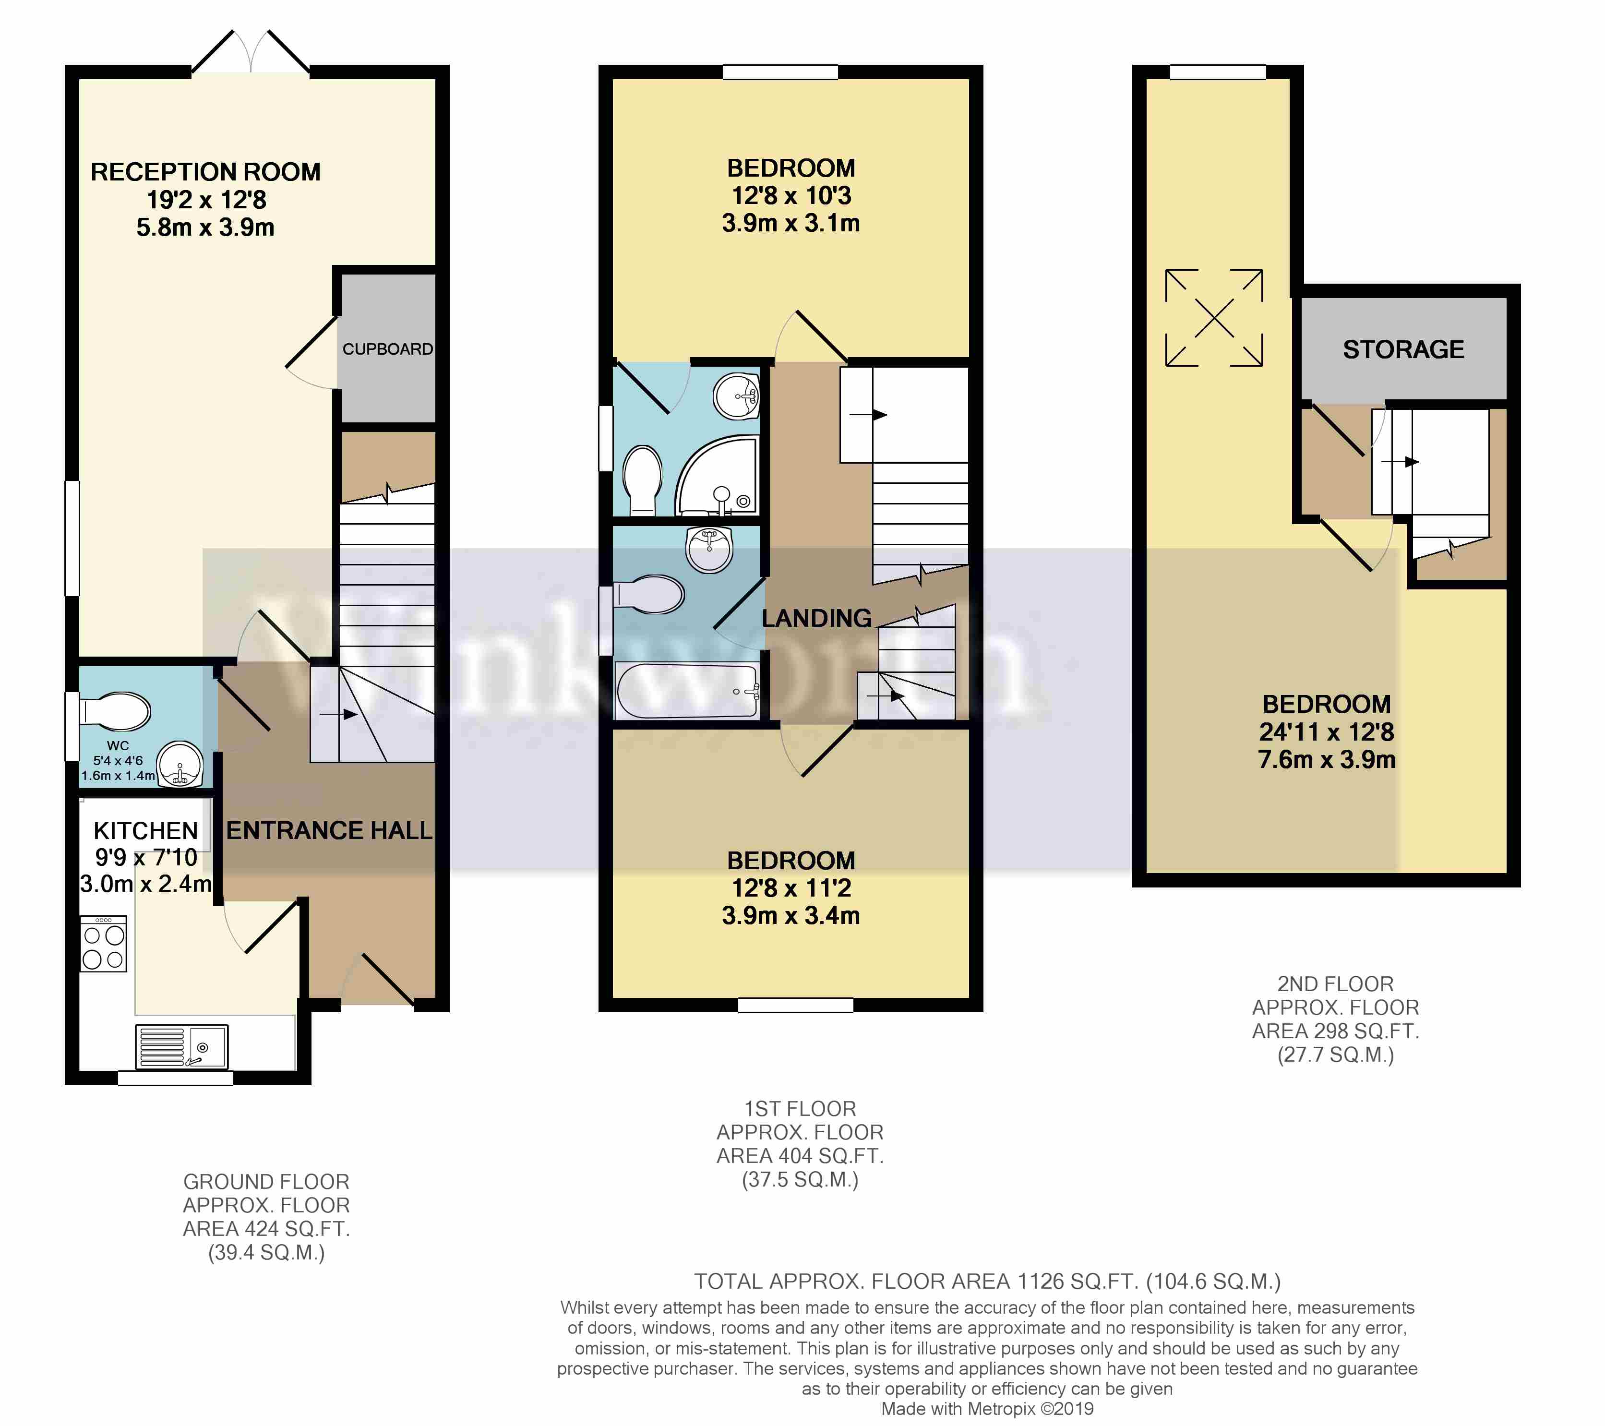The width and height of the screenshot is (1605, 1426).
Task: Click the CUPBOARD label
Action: coord(387,348)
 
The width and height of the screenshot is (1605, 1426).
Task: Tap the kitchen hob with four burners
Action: coord(104,946)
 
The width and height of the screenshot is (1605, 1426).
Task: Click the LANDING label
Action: coord(816,619)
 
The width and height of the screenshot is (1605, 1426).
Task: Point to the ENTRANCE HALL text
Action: coord(329,830)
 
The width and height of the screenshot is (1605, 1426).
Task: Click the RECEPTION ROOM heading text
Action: coord(206,172)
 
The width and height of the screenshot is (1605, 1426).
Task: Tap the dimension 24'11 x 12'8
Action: coord(1326,732)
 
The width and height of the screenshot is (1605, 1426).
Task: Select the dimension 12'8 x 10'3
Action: coord(791,195)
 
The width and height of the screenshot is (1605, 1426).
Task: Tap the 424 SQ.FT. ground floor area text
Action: coord(266,1228)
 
